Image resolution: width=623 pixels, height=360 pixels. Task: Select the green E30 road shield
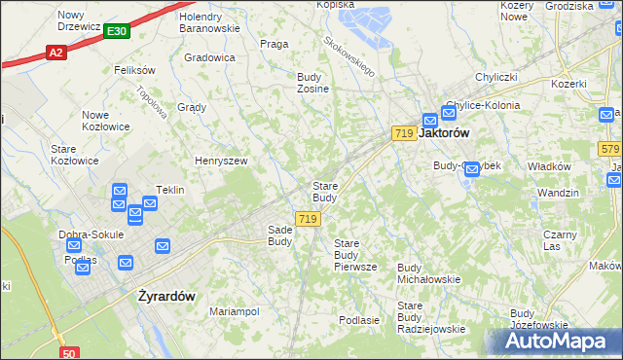tap(116, 32)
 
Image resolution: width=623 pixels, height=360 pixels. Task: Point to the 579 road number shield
tap(610, 149)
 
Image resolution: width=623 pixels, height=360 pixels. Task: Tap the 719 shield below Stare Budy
tap(308, 220)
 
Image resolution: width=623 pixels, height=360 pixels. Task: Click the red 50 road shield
tap(68, 354)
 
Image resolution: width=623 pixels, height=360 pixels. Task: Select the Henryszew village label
tap(221, 161)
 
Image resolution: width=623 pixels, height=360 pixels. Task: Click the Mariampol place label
tap(235, 311)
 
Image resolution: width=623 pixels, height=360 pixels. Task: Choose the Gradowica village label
tap(209, 57)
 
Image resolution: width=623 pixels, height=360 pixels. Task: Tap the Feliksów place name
tap(135, 70)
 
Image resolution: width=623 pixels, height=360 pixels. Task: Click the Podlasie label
tap(358, 319)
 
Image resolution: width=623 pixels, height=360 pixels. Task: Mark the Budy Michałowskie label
tap(429, 272)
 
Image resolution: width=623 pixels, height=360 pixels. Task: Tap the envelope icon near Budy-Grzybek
tap(472, 169)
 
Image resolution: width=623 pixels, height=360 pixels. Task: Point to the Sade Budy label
tap(280, 234)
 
